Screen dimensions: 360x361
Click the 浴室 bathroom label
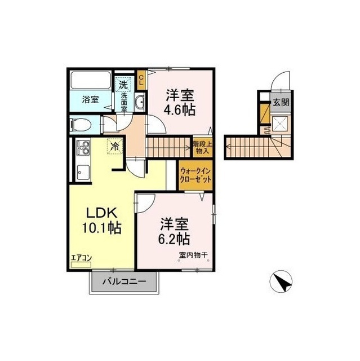click(x=91, y=100)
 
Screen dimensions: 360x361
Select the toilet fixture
click(x=81, y=125)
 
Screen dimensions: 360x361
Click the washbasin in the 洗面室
click(x=140, y=102)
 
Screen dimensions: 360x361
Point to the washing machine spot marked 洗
click(x=123, y=85)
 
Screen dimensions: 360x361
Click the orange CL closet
click(x=141, y=80)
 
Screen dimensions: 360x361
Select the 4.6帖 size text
click(x=180, y=110)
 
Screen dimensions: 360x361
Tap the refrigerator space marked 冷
click(x=115, y=147)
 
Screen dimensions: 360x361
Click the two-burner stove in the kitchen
click(x=83, y=148)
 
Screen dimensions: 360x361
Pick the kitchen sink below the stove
click(x=83, y=173)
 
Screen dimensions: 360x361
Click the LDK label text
click(x=102, y=213)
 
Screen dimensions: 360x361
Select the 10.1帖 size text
click(x=101, y=228)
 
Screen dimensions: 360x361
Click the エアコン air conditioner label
click(x=81, y=258)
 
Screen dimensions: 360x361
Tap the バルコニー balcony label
click(x=124, y=281)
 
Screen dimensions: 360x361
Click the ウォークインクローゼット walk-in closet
click(x=195, y=175)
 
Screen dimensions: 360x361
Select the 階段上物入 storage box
click(x=202, y=148)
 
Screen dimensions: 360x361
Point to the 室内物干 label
click(x=193, y=255)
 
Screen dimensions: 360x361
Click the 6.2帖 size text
click(x=174, y=239)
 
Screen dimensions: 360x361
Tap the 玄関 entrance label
click(x=281, y=102)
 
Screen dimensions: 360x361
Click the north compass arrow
click(x=281, y=281)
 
